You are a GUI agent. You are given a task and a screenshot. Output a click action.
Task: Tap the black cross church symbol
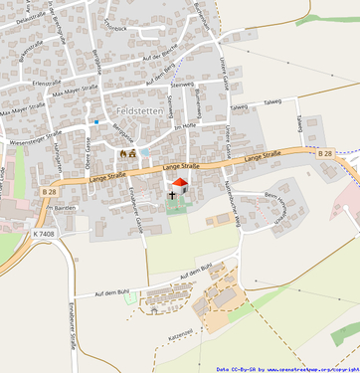point(172,196)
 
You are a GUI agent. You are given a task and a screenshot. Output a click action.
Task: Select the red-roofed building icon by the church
point(180,184)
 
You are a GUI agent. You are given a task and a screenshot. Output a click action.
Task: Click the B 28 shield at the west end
point(50,191)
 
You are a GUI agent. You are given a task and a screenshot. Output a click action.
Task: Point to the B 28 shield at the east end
point(325,153)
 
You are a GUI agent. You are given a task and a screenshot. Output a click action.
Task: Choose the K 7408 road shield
point(44,234)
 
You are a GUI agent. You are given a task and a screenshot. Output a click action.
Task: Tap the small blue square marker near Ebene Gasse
point(96,122)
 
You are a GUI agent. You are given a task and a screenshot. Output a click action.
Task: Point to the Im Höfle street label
point(185,126)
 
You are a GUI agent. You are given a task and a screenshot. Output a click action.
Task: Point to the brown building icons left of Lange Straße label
point(127,154)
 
